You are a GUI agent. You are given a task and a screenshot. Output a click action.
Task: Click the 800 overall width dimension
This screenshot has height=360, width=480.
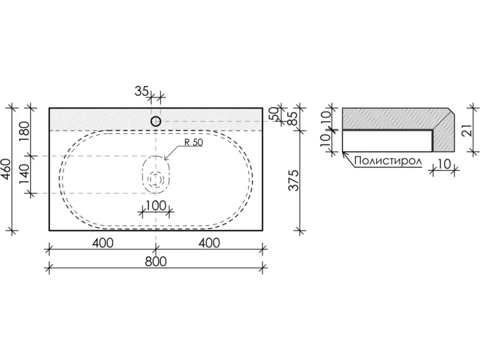(156, 262)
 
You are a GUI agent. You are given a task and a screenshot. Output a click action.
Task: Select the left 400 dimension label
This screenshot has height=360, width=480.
(102, 243)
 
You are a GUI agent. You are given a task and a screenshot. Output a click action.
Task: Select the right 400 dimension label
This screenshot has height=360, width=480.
(209, 243)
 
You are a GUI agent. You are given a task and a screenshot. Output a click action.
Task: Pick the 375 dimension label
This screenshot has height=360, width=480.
(294, 180)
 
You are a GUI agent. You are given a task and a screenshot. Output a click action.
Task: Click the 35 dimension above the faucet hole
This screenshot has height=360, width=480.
(142, 91)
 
